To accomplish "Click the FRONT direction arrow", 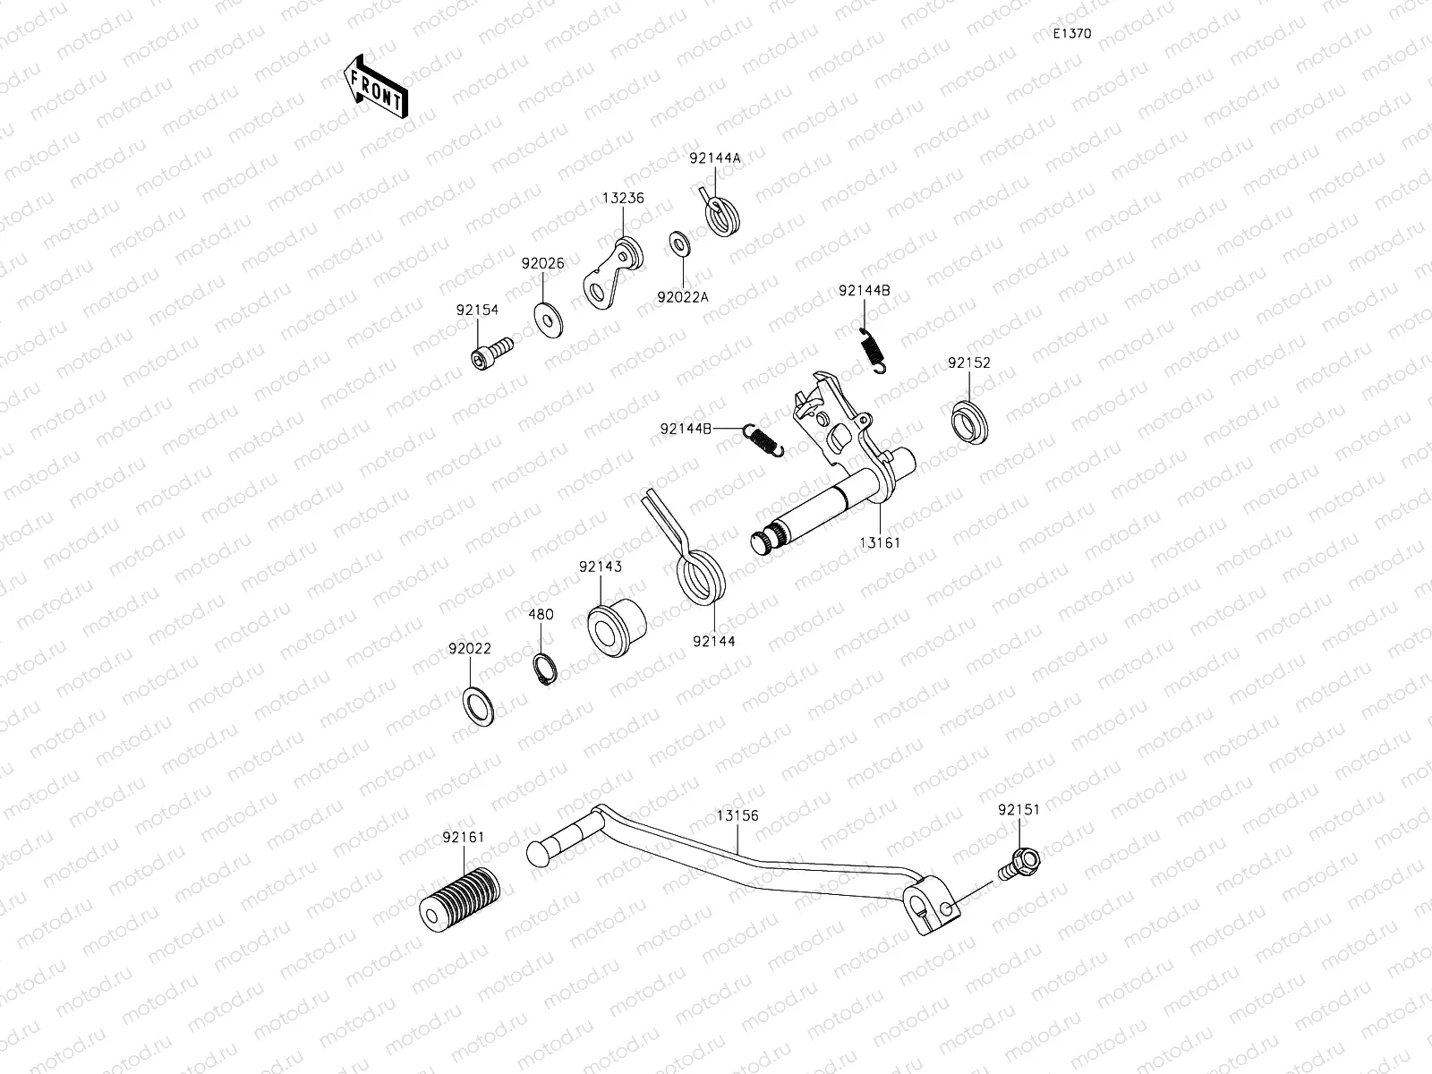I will point(375,87).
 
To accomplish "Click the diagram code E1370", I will point(1071,34).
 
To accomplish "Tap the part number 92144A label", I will point(739,158).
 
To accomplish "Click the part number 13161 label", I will point(880,542).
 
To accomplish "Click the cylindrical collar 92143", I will point(616,626).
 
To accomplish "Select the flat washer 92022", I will point(479,706).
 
